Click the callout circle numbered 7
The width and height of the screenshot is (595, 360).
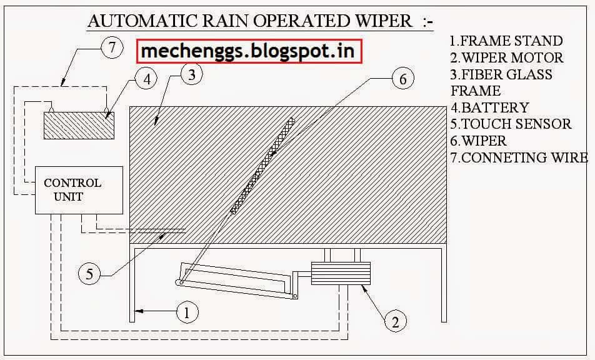pos(111,48)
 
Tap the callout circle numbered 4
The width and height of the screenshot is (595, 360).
pos(146,79)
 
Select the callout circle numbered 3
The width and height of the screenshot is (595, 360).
pos(192,74)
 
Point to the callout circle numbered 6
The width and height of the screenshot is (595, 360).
pos(402,79)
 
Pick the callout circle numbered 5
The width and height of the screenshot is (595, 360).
pos(89,274)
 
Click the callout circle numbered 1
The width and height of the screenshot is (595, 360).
pos(187,312)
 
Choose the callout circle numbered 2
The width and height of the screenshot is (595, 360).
pos(396,322)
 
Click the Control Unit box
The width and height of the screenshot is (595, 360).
pos(79,190)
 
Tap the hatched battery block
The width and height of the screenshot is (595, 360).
pos(79,125)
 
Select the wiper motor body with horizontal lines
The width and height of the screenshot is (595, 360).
pos(341,273)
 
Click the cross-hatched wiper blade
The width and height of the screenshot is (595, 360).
pos(262,165)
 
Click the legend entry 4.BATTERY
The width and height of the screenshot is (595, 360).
pos(489,107)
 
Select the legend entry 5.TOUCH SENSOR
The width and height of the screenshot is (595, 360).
pos(511,124)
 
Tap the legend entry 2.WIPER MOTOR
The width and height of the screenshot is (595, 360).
pos(507,57)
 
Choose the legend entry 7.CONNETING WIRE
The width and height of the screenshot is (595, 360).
pos(519,157)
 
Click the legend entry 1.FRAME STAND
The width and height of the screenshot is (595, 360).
pos(506,41)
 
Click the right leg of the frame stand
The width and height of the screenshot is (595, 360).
pos(444,284)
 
